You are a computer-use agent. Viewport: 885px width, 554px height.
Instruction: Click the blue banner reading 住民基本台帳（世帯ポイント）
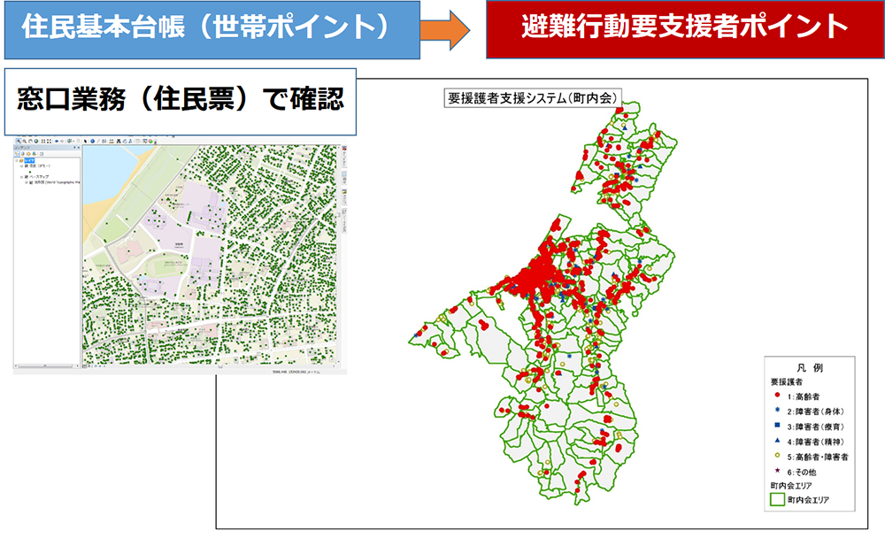(x=205, y=28)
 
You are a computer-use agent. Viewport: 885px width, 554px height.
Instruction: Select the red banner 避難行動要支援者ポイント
(x=684, y=28)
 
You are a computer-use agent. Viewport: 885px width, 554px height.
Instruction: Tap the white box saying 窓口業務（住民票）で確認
(x=181, y=99)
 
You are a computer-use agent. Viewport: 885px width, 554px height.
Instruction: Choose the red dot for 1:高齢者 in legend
(x=776, y=396)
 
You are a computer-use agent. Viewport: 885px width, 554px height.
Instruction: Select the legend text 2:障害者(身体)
(x=816, y=411)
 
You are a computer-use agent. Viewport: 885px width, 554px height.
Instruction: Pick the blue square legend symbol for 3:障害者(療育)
(x=776, y=426)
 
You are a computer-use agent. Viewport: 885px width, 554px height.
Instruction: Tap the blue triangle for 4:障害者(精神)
(x=776, y=442)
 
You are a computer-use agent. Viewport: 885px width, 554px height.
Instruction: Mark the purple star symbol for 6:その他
(x=776, y=472)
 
